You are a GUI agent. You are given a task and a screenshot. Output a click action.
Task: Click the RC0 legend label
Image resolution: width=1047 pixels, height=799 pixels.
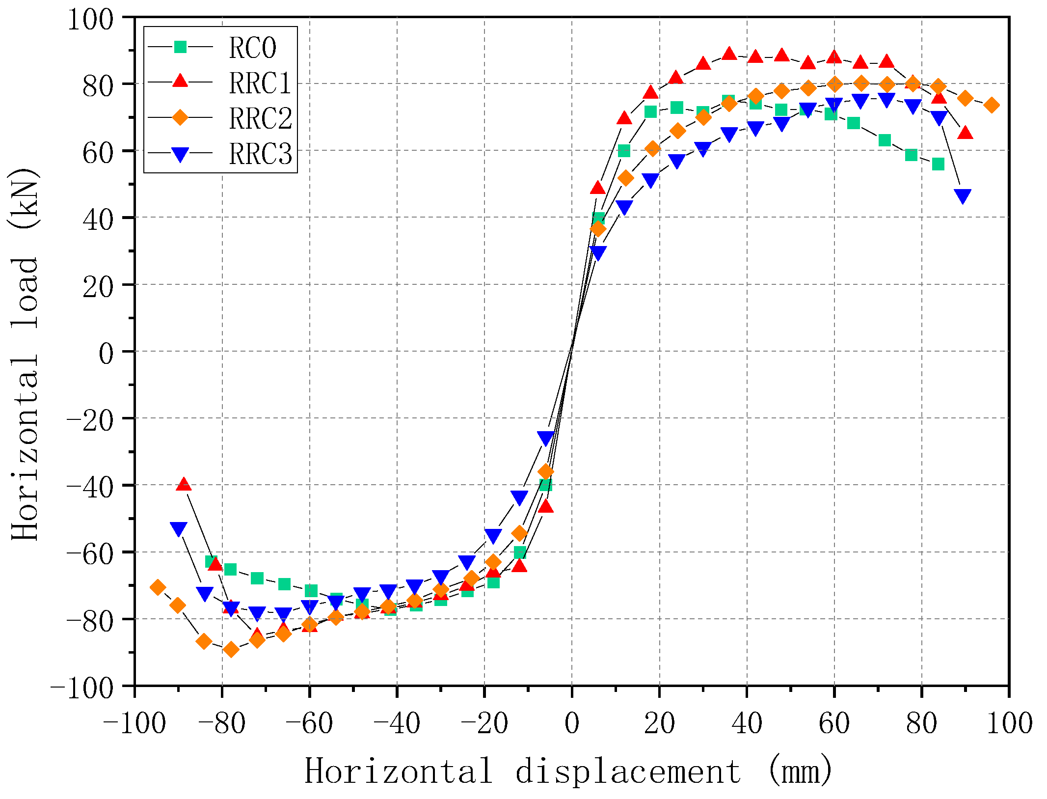coord(252,48)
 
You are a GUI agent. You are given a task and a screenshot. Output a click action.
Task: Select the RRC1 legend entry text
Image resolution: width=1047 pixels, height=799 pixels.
coord(260,83)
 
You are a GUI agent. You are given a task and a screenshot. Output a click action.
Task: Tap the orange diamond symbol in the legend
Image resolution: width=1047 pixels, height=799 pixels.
coord(180,118)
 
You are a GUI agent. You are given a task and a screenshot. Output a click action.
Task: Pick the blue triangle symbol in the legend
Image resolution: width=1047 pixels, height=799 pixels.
coord(180,155)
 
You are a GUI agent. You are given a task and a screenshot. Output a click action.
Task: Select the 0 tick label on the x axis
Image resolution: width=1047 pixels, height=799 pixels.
coord(572,724)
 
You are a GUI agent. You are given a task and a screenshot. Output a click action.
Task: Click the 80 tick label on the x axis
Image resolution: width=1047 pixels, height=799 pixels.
coord(921,724)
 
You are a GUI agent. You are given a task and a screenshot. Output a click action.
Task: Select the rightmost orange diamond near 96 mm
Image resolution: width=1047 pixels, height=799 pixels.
coord(992,105)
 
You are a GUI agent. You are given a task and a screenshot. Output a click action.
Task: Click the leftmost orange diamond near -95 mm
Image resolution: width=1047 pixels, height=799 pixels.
coord(158,587)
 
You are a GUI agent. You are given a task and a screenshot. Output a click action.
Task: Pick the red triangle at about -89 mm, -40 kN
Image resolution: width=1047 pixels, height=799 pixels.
coord(184,484)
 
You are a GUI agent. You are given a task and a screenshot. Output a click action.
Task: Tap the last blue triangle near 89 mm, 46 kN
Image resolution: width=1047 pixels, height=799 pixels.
coord(963,196)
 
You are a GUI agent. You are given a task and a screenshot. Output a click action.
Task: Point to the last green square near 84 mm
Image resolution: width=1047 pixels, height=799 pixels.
coord(938,164)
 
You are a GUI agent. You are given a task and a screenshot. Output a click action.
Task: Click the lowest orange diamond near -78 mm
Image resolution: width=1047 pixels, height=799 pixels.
coord(231,650)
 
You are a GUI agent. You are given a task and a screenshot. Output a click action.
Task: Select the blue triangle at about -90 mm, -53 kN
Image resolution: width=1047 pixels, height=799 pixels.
coord(179,529)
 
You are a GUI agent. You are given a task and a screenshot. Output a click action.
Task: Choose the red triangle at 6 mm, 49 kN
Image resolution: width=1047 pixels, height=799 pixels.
coord(597,188)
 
